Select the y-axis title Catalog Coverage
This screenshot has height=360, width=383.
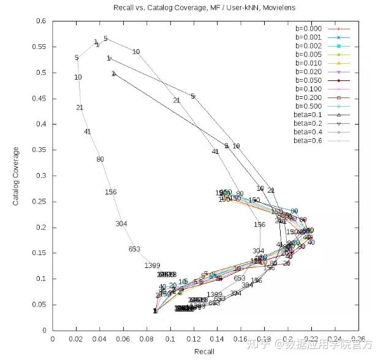(x=17, y=175)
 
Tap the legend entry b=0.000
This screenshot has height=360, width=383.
(x=308, y=28)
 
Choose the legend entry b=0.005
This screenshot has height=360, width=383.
(x=308, y=54)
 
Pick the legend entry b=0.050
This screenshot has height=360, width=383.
(x=308, y=80)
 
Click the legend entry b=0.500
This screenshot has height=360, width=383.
(x=308, y=105)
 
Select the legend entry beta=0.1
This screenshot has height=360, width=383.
(x=308, y=114)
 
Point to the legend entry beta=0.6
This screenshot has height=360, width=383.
(x=308, y=140)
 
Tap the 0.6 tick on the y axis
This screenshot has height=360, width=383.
(x=41, y=21)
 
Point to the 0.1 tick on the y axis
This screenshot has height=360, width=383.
(x=41, y=278)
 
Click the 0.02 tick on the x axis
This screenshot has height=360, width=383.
(x=76, y=338)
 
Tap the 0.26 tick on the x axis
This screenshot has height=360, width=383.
(x=358, y=338)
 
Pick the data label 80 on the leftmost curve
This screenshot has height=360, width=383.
(x=100, y=159)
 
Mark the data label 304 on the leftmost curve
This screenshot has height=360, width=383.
(x=121, y=224)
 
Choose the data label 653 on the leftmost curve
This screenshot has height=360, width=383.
(x=135, y=249)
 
